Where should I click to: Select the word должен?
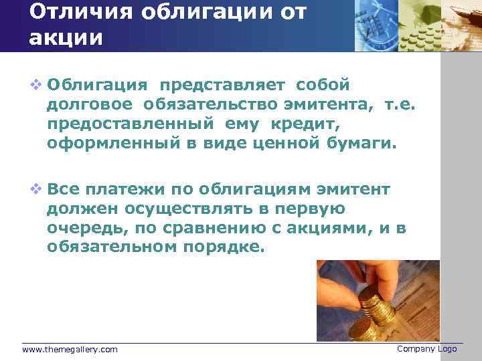click(77, 209)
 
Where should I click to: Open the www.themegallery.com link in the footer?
click(70, 350)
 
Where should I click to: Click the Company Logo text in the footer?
click(426, 349)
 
